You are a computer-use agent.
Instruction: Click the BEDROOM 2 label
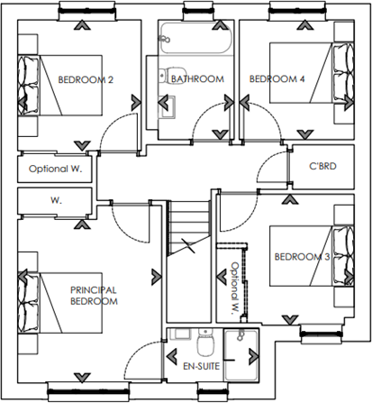(86, 80)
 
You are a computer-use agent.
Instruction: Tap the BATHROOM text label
(196, 79)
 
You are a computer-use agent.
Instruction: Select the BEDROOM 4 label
(277, 79)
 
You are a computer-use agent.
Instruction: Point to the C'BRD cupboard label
(322, 167)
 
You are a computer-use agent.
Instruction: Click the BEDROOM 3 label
(302, 258)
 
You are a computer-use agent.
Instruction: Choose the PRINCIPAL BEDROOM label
(94, 296)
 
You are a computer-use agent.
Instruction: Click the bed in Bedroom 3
(338, 257)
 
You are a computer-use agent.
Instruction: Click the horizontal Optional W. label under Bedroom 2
(56, 169)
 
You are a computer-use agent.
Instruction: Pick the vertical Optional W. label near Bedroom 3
(233, 287)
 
